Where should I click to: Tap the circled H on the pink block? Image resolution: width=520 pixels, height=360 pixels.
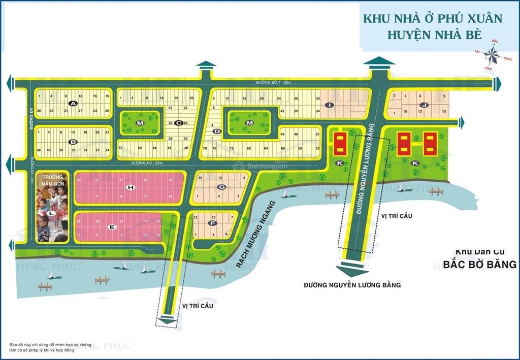pos(131,187)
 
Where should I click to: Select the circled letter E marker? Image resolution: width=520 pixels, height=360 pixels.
pos(113,226)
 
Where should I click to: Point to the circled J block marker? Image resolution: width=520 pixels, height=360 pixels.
pos(422,105)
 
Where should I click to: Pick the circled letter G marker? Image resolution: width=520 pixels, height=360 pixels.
pos(221,187)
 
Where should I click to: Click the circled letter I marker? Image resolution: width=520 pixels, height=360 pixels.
pos(330,105)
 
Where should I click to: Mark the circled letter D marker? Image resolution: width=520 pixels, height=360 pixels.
pos(217,132)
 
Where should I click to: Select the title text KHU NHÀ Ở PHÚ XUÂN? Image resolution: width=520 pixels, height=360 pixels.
pos(432,19)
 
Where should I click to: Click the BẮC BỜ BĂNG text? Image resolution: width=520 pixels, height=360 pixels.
pos(479,264)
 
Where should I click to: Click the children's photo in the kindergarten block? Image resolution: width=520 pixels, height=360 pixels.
pos(52,213)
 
